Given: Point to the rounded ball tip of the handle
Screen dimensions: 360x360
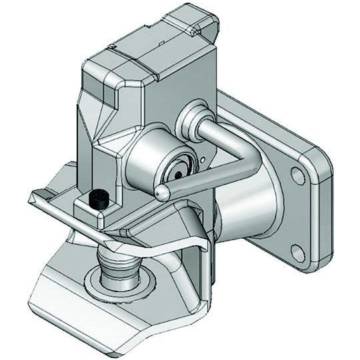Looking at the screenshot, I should [x=162, y=191].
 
